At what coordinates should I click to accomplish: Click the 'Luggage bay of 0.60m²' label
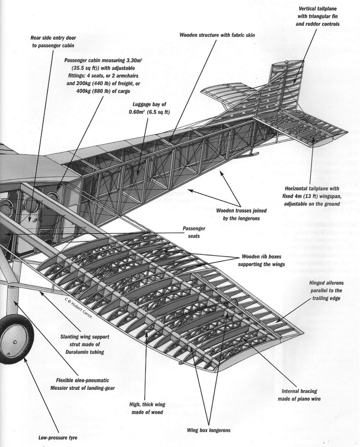coord(151,109)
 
